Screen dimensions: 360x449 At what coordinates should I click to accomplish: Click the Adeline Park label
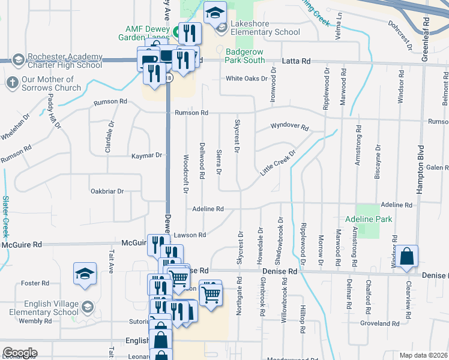pos(369,219)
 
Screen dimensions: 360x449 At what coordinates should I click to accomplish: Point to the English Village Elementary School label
pos(41,308)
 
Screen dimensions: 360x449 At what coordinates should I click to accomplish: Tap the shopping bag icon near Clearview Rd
pos(406,256)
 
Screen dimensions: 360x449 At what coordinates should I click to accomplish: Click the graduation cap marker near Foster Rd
pos(85,274)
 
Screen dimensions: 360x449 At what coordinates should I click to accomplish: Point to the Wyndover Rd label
pos(289,127)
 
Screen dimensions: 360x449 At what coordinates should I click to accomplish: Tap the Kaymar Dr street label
pos(146,155)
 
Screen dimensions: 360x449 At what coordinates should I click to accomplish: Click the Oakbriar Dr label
pos(106,191)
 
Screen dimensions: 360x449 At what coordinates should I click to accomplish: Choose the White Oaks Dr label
pos(246,79)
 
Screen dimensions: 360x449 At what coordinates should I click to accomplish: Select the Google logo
pos(20,353)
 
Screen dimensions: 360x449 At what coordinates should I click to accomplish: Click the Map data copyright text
pos(423,355)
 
